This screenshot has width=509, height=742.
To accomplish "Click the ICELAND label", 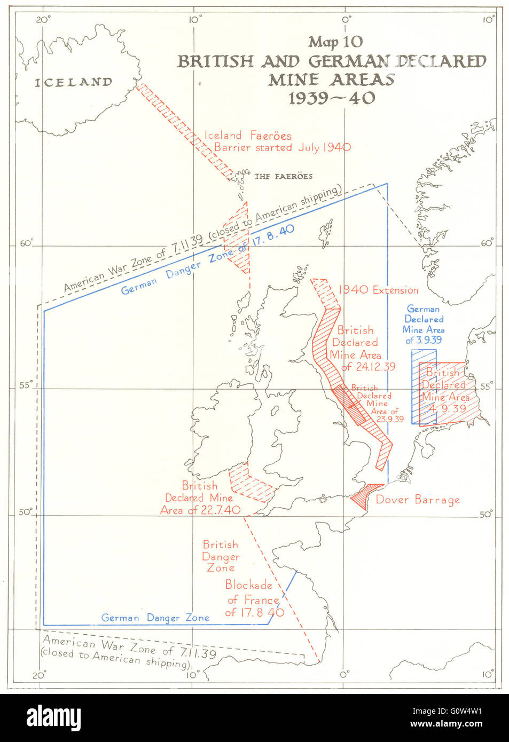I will (x=74, y=82).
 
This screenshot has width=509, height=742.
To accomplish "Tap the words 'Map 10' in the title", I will (x=335, y=42).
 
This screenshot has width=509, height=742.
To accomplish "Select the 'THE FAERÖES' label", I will (x=283, y=176).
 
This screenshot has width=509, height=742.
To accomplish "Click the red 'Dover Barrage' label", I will (x=418, y=500).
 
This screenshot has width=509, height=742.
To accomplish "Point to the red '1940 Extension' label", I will (x=379, y=290).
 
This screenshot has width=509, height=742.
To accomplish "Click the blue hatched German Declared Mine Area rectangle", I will (x=424, y=386).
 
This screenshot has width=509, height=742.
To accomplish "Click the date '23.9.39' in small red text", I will (x=390, y=419).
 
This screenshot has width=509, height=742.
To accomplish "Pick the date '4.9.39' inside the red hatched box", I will (x=447, y=409).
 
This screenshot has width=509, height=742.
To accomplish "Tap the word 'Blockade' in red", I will (x=248, y=585).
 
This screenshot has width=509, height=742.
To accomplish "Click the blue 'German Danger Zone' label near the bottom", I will (x=155, y=618).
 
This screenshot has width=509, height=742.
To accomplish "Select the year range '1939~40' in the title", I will (x=332, y=98).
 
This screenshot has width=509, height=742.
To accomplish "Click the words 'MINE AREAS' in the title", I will (x=332, y=80).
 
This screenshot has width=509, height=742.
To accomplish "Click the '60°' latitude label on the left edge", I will (x=26, y=243).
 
